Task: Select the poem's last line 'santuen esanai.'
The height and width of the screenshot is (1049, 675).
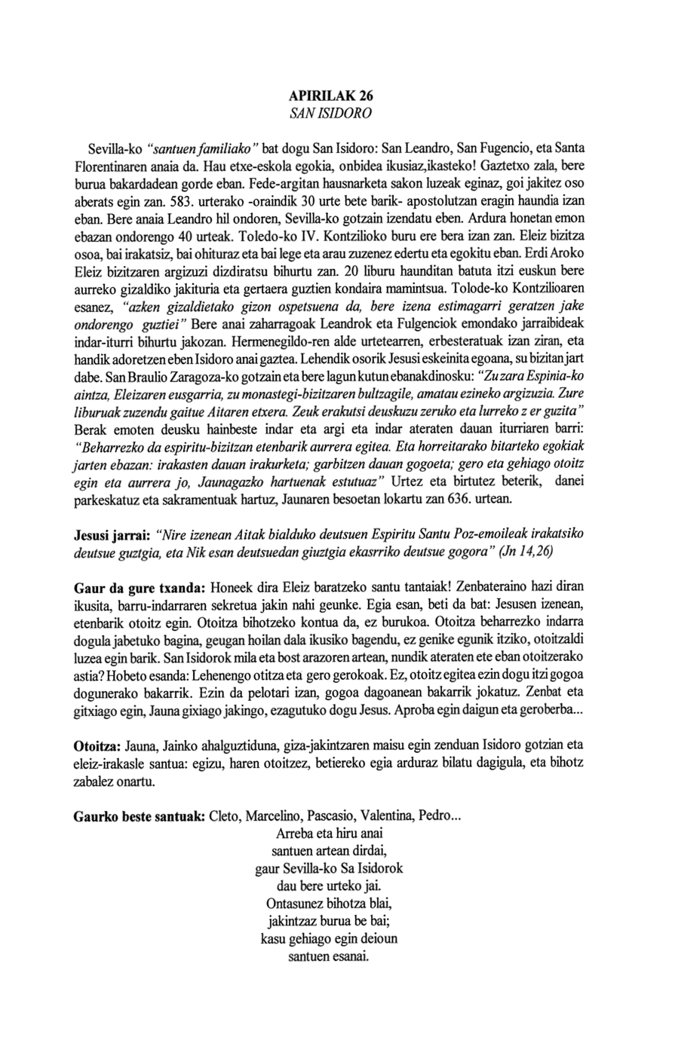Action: coord(329,958)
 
